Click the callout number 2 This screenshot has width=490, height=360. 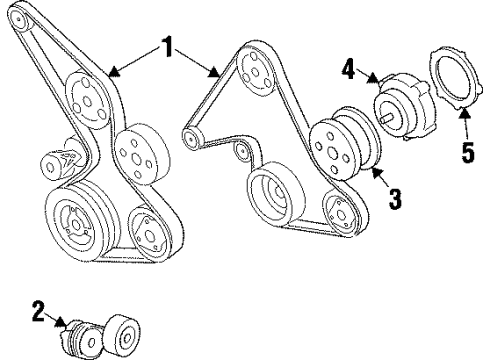pyautogui.click(x=38, y=313)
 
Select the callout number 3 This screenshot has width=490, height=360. pyautogui.click(x=395, y=198)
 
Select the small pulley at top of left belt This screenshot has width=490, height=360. pyautogui.click(x=86, y=99)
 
